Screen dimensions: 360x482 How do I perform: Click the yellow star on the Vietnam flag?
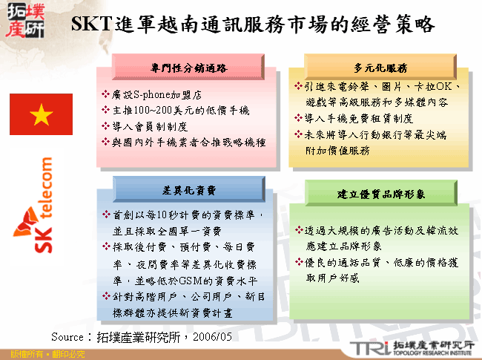tap(42, 115)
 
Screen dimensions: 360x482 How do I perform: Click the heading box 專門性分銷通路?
tap(188, 68)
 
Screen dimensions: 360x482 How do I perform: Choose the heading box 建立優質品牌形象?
tap(381, 194)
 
